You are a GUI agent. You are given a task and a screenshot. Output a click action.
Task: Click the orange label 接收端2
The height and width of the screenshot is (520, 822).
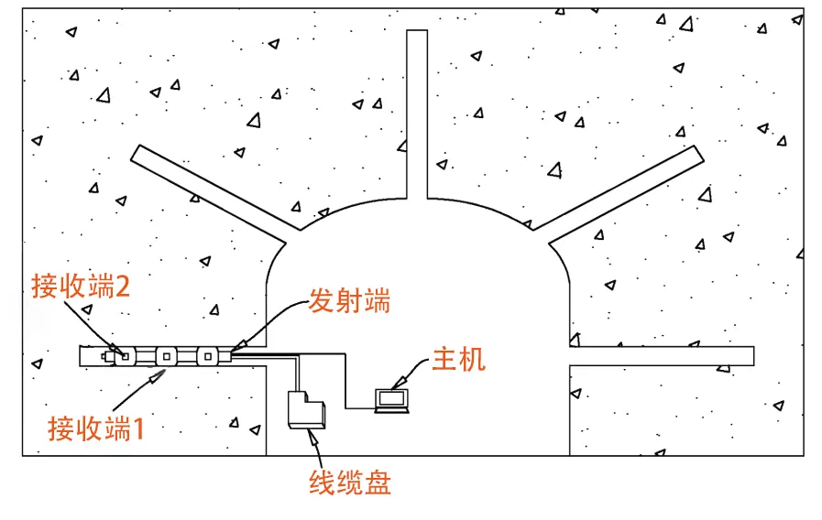coord(81,287)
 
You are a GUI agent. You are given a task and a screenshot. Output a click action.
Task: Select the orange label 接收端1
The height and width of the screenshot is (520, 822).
coord(96,428)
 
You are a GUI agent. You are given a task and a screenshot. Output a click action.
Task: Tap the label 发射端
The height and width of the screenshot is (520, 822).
coord(349,300)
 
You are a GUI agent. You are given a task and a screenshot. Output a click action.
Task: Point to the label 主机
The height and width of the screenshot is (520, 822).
coord(458,359)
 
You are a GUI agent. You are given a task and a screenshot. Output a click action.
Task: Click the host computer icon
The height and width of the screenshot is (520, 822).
coord(393,400)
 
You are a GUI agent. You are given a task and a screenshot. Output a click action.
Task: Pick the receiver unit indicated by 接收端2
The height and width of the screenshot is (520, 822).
coord(121,355)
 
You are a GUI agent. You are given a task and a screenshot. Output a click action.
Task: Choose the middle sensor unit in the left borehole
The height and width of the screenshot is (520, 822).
coord(166,355)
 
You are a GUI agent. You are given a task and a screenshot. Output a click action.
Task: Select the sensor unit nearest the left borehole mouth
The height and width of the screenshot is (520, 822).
coord(208,355)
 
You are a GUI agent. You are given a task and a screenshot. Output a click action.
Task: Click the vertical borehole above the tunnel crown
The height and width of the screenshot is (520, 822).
coord(417,114)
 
